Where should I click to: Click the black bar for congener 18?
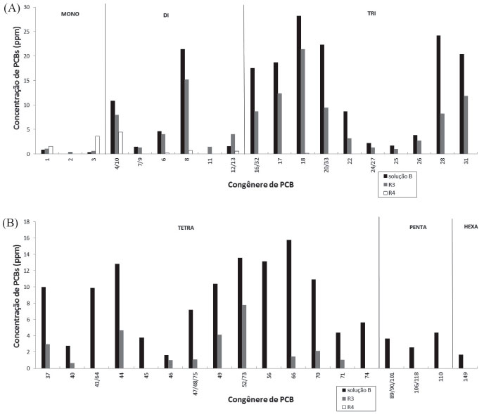[x=299, y=84]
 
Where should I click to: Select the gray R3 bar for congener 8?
[x=186, y=117]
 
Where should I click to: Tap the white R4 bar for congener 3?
[x=98, y=145]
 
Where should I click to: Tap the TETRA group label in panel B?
[x=186, y=228]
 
